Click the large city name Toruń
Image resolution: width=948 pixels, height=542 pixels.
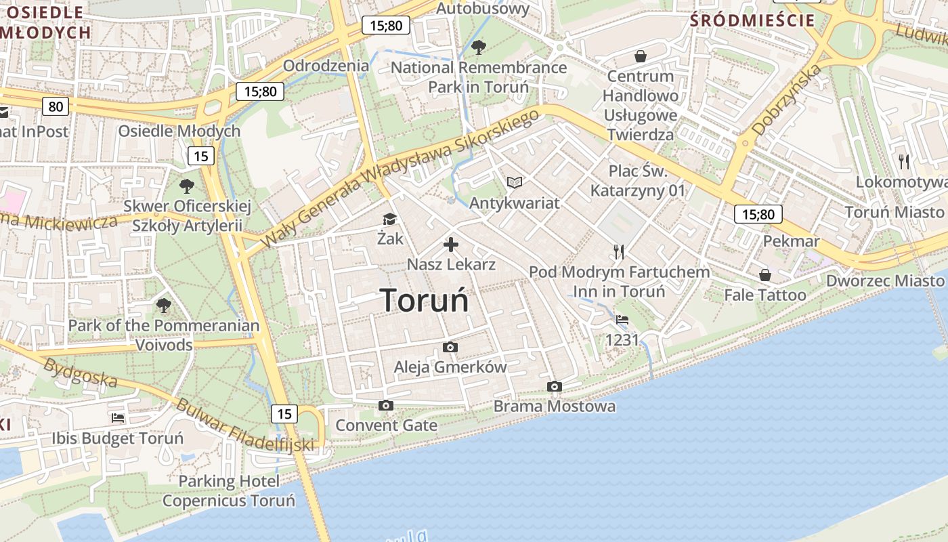(424, 299)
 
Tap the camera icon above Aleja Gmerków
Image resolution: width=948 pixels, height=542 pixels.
(450, 348)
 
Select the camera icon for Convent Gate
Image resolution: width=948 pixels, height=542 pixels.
(386, 405)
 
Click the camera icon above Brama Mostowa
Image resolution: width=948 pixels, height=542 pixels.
(554, 386)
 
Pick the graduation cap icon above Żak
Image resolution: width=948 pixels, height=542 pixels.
(389, 219)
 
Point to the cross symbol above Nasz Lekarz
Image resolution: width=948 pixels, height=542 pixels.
(451, 245)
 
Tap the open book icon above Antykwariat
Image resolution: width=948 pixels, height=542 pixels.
(515, 182)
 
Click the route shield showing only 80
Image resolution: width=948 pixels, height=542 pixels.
(55, 106)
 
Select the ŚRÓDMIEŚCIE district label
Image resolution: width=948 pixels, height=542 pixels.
(752, 20)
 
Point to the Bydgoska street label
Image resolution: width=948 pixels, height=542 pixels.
(80, 373)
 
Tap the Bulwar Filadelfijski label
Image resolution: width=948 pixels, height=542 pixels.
(245, 425)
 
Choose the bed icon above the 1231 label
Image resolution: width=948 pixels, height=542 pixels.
(622, 319)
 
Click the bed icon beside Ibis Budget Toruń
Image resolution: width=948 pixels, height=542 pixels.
(118, 418)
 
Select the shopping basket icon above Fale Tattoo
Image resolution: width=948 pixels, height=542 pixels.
(764, 275)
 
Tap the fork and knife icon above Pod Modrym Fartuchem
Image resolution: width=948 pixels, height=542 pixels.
(618, 252)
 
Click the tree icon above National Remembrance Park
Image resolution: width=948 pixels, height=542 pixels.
(478, 47)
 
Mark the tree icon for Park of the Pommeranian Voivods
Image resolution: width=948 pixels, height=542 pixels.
(163, 306)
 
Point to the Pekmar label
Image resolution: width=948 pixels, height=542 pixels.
(791, 241)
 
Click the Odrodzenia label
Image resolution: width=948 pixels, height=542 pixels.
(326, 66)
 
